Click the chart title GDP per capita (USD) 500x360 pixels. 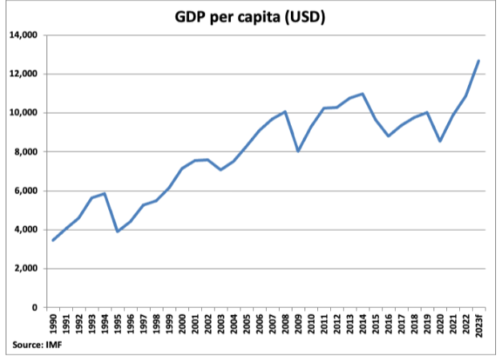click(x=250, y=16)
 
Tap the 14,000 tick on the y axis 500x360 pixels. click(x=24, y=35)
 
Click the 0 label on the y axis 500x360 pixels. click(x=35, y=307)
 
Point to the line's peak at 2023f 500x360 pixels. click(x=478, y=60)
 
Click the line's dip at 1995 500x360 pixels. click(x=118, y=231)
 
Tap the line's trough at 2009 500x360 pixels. click(x=298, y=151)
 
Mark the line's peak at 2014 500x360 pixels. click(x=362, y=94)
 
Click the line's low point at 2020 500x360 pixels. click(x=440, y=141)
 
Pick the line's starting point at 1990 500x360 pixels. click(x=53, y=240)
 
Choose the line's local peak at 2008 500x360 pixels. click(x=285, y=111)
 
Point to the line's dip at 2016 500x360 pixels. click(x=388, y=136)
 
